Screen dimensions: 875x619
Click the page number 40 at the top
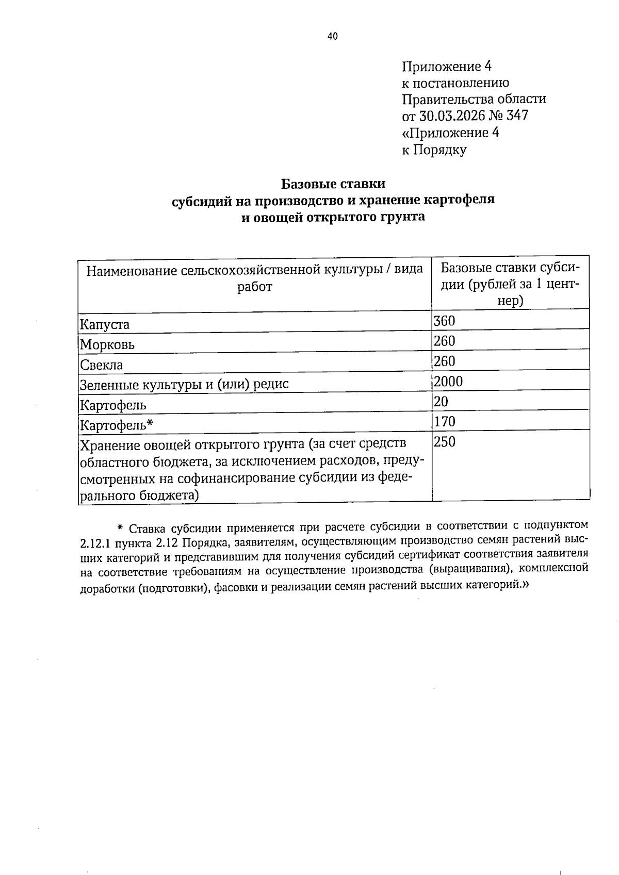332,36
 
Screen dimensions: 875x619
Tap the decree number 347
517,115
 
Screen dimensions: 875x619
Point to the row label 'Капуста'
105,325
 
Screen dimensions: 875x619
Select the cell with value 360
444,321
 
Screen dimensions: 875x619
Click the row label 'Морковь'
107,345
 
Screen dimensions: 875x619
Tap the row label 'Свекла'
102,365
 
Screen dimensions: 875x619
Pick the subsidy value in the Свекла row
444,361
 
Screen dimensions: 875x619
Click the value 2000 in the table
448,382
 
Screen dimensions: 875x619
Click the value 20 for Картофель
441,401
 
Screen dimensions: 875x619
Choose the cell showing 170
444,422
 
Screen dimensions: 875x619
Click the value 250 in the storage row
444,442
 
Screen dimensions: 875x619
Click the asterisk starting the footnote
120,527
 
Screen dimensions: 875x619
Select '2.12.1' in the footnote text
95,543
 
